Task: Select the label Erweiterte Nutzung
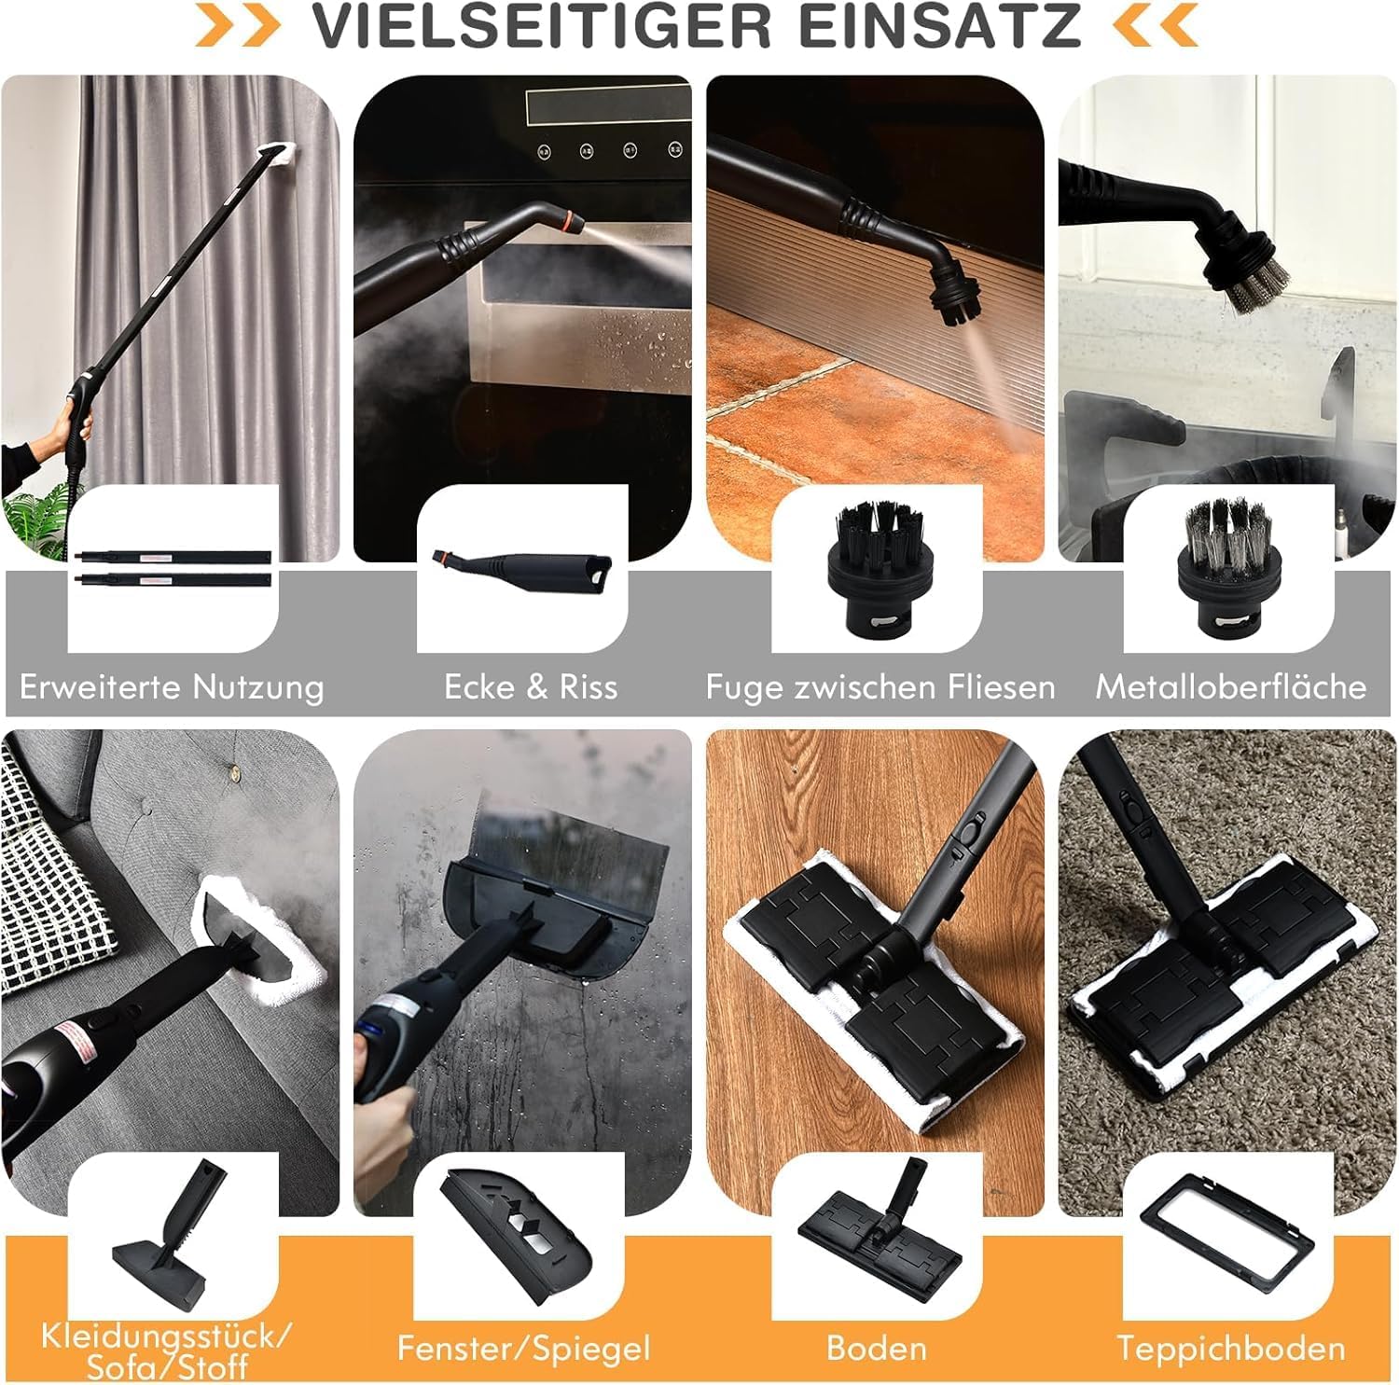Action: (172, 687)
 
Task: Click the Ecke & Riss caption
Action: (531, 687)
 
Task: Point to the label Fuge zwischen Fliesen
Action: (880, 687)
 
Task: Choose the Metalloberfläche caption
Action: (1231, 687)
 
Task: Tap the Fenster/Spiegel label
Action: (523, 1349)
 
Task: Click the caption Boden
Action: (877, 1349)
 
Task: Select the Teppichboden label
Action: (1231, 1349)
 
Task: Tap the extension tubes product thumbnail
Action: (173, 568)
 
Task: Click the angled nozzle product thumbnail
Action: (521, 571)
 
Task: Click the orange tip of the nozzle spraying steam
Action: (572, 222)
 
